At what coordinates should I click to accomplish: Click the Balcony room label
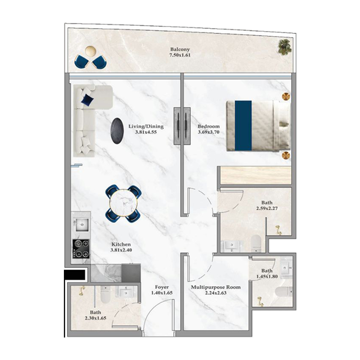(180, 49)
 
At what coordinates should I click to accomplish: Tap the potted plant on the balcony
(284, 47)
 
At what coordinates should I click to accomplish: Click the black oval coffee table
(117, 131)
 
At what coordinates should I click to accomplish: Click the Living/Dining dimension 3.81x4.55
(145, 133)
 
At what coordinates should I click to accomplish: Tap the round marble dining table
(123, 204)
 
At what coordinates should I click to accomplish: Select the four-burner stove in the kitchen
(81, 248)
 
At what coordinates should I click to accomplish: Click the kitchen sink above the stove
(81, 225)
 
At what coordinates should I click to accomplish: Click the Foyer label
(162, 287)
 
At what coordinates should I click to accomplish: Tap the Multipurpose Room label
(216, 287)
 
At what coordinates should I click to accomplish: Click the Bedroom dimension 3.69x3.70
(208, 133)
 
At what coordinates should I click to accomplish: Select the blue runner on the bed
(243, 125)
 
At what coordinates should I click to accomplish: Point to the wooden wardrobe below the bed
(255, 175)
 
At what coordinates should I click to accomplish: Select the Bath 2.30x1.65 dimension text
(95, 318)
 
